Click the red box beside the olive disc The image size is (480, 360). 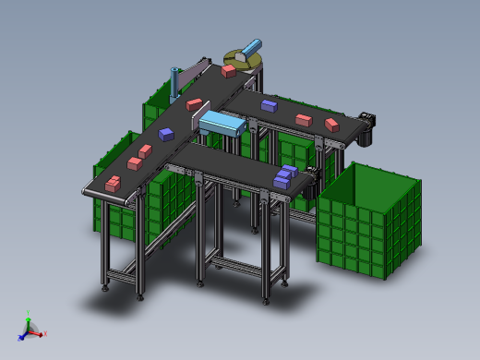coord(228,69)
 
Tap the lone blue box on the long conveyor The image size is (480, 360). coord(166,134)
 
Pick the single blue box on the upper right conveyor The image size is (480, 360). coord(269,105)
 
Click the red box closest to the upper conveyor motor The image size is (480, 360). coord(331,124)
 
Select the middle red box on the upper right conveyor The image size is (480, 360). coord(303,119)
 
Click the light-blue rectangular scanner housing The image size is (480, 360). coord(222,123)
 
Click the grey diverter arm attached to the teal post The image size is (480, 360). coord(194,73)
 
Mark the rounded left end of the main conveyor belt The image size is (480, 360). coord(86,191)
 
